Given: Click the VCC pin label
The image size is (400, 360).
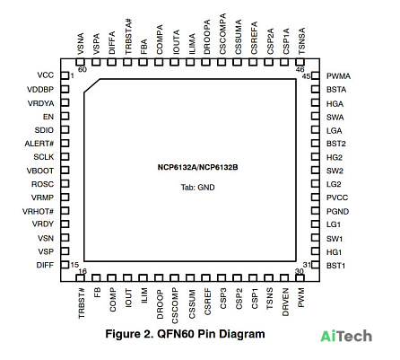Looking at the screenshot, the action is click(46, 75).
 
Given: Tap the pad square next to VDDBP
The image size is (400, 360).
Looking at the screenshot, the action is click(65, 89).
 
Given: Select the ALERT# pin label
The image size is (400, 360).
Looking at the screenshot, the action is click(39, 144).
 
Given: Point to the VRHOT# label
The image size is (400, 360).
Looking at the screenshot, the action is click(38, 212).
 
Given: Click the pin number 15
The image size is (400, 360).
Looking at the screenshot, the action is click(74, 265).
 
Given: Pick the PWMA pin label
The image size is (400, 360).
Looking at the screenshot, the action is click(338, 76).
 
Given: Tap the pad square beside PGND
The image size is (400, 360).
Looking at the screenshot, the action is click(315, 211).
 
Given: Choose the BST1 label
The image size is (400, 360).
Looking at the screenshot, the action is click(335, 266).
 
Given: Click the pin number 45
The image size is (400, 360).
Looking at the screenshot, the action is click(306, 76).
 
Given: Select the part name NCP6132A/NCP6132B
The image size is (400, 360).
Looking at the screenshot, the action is click(197, 167).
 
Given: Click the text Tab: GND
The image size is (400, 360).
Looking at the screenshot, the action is click(197, 188).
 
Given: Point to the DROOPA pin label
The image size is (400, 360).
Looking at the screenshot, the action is click(207, 37).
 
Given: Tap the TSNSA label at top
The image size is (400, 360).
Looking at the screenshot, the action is click(301, 41).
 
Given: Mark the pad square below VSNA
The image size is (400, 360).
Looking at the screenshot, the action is click(80, 62).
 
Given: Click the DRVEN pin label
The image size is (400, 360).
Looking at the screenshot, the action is click(285, 302).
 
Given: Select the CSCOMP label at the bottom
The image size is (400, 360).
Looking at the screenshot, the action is click(175, 306).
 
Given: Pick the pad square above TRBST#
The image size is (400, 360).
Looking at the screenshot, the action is click(80, 278).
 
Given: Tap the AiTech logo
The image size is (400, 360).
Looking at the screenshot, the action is click(346, 337).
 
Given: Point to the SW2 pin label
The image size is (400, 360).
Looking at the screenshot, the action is click(335, 171).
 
